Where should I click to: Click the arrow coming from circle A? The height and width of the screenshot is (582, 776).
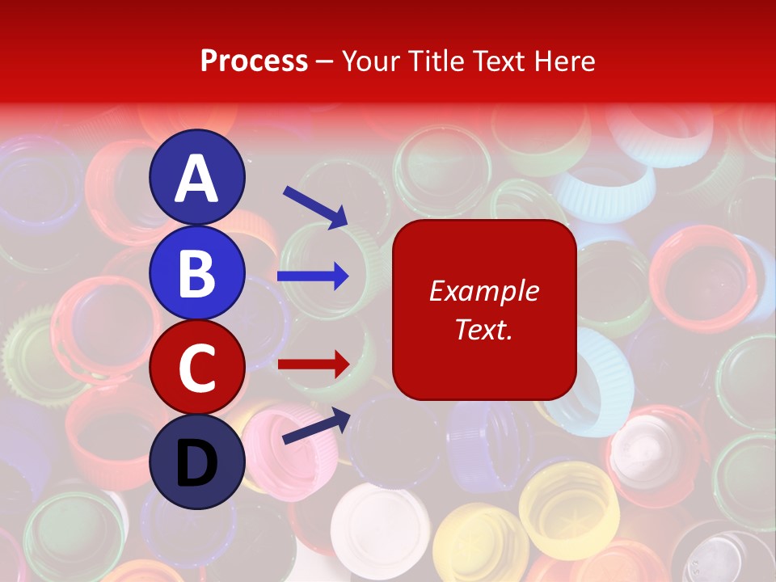[315, 206]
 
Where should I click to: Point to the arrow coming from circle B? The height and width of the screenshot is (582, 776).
[314, 276]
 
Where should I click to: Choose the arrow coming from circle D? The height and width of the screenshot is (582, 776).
[315, 425]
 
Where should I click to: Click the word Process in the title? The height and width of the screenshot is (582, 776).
[254, 61]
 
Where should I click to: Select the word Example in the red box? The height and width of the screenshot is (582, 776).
[483, 291]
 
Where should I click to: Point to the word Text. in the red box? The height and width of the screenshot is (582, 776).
[483, 330]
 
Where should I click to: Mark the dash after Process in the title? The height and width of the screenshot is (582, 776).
[325, 62]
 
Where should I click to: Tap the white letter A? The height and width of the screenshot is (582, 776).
[196, 179]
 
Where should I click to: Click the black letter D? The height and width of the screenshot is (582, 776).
[196, 463]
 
